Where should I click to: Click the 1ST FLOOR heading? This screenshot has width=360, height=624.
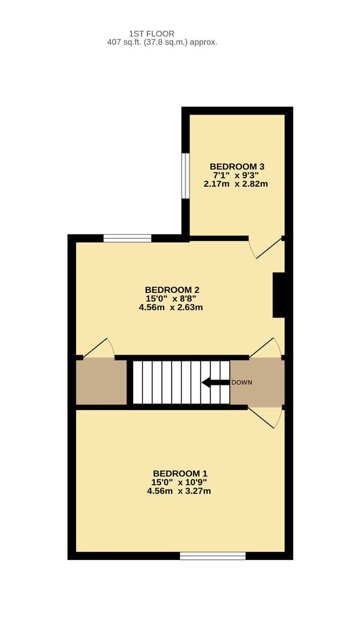point(151,34)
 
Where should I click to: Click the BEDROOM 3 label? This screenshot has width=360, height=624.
point(237,166)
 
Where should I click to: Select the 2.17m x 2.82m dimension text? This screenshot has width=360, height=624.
point(236,184)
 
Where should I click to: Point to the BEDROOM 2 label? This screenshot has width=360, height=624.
point(172,290)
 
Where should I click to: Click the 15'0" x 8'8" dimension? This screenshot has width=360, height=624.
point(171,298)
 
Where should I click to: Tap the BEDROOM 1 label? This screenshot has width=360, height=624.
point(181,474)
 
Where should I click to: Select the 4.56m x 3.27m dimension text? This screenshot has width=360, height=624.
point(179,491)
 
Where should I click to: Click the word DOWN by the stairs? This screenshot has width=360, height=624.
point(241,383)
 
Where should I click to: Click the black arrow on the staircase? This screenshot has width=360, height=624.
point(215,383)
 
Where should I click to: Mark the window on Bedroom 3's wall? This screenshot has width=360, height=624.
point(185,176)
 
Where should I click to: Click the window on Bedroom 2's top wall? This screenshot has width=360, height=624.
point(127,239)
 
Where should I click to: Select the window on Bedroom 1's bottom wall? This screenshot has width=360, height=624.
point(213,556)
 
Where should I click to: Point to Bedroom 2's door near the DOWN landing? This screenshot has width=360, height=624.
point(265,347)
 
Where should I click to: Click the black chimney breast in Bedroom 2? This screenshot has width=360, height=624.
point(278,295)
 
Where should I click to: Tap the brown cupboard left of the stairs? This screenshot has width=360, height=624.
point(101,382)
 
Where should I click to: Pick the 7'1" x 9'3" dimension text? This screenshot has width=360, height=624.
point(236,175)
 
